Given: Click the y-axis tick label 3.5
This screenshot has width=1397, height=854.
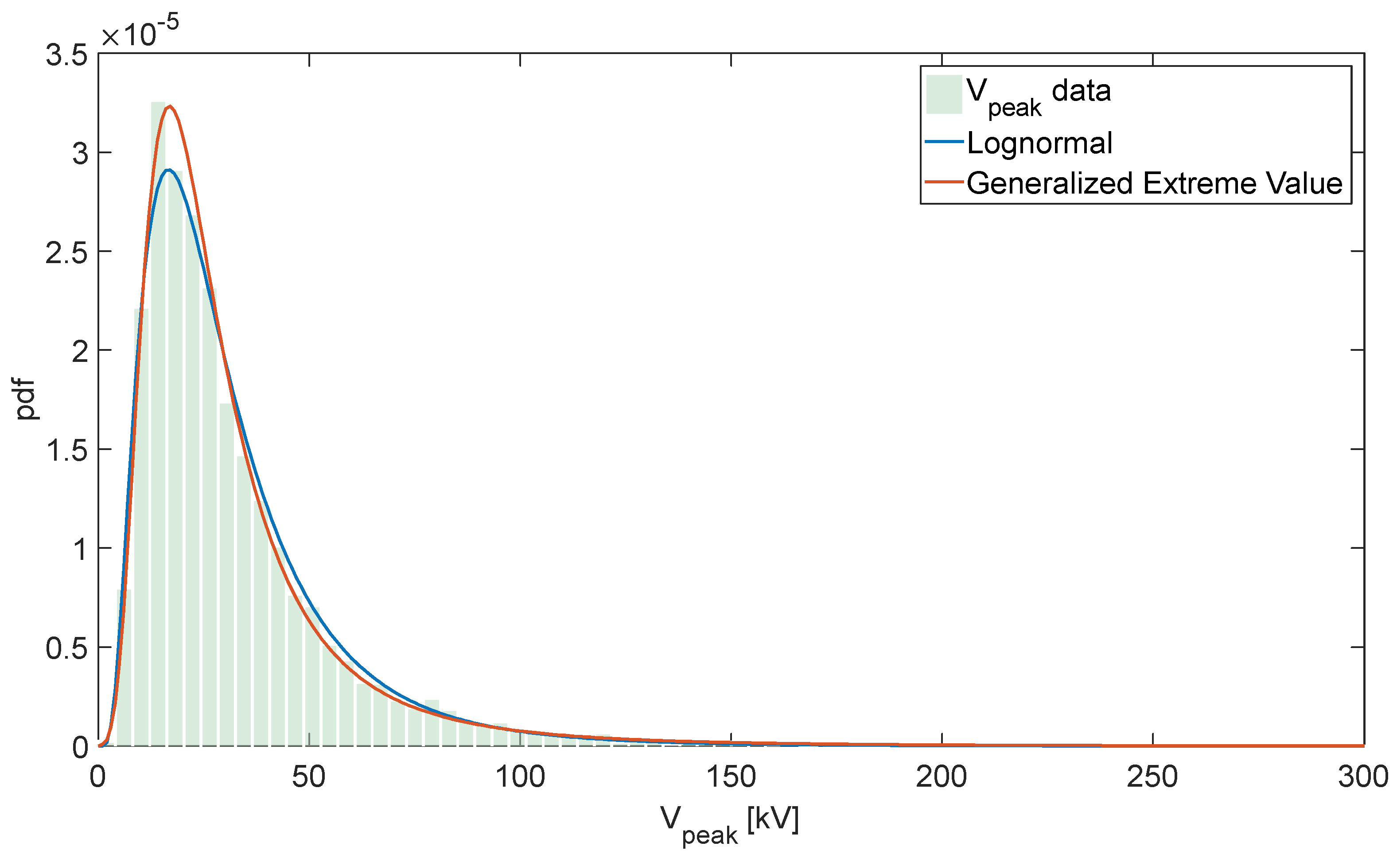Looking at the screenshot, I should click(66, 55).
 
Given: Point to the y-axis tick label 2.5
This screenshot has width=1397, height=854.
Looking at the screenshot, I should click(66, 253).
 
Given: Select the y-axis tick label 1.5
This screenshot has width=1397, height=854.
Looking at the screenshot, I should click(66, 451).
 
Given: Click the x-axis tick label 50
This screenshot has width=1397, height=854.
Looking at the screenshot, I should click(308, 777).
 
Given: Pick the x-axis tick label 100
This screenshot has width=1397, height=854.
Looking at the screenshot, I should click(519, 777).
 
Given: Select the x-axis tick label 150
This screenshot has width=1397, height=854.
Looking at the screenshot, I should click(730, 777).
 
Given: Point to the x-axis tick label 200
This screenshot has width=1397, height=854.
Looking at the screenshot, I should click(941, 777).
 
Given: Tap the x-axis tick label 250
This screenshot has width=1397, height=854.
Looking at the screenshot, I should click(1152, 777).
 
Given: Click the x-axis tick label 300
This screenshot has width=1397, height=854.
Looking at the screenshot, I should click(1362, 777).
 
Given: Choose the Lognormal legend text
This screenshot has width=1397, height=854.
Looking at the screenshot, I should click(1039, 143).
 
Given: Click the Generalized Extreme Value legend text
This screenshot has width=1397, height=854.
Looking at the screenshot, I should click(1154, 183).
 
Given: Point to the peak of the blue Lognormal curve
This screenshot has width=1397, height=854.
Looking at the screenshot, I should click(168, 170).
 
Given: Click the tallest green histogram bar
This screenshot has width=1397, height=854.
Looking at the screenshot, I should click(158, 425).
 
